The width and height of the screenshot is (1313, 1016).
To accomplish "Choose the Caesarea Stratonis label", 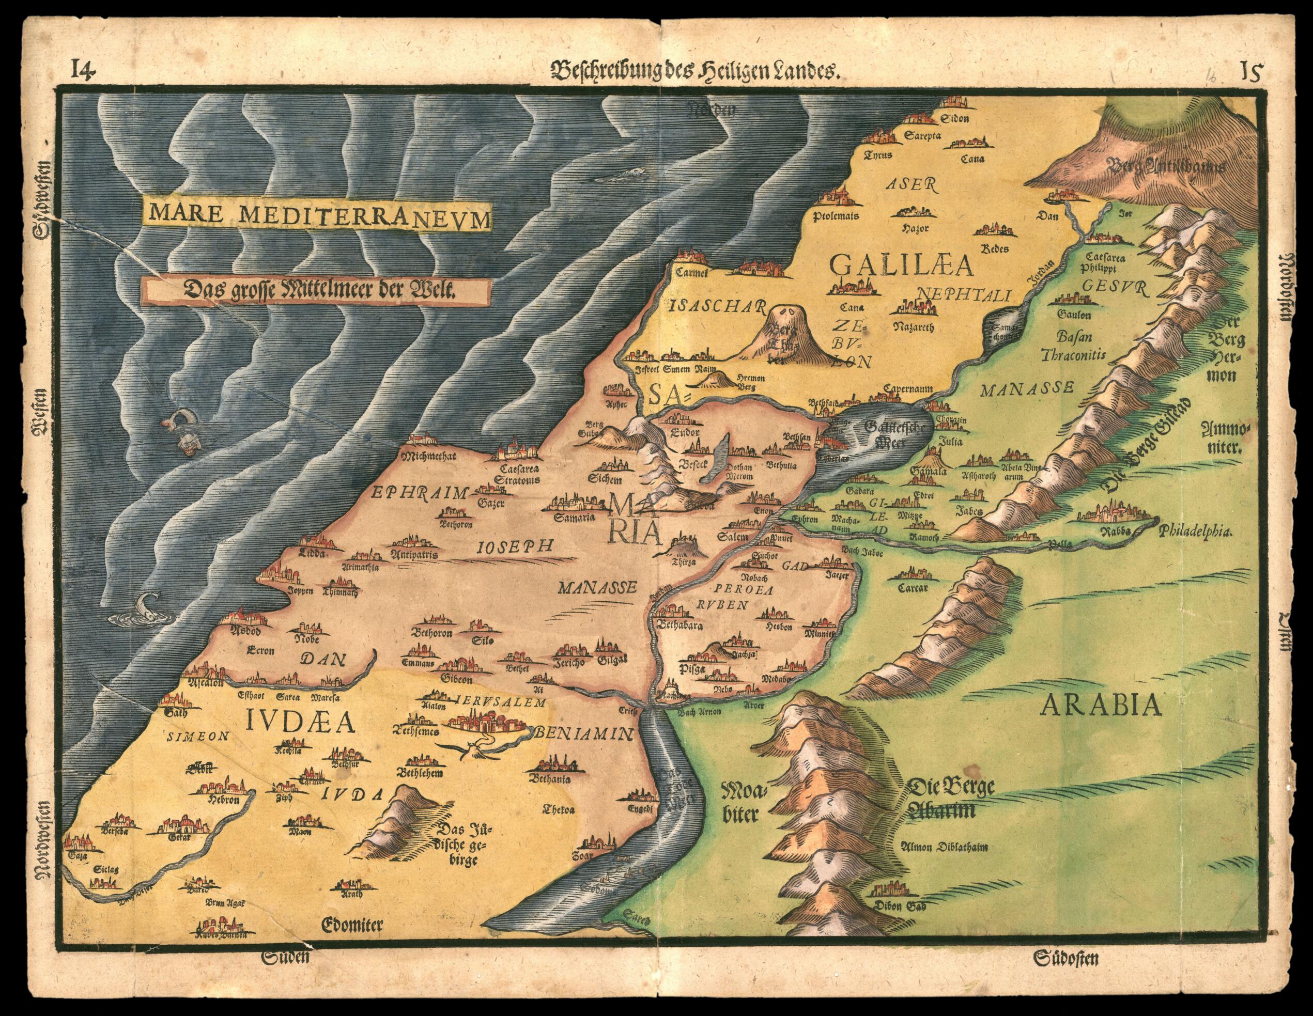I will tap(518, 475).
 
